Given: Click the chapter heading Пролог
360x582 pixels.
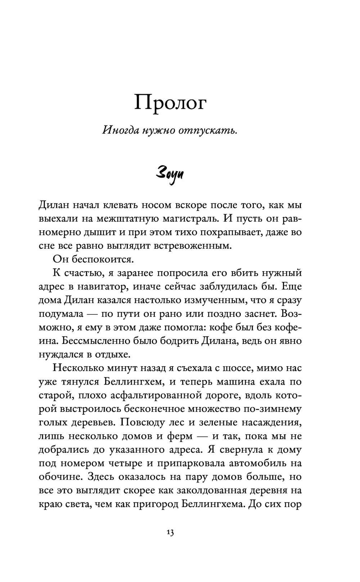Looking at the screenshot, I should pos(170,103).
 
